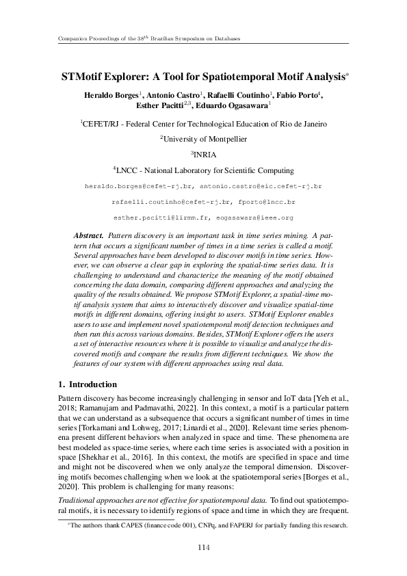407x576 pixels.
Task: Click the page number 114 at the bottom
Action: (203, 547)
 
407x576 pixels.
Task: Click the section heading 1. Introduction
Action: (87, 384)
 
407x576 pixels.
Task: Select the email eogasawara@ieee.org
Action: (254, 218)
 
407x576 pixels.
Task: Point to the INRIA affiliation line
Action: (204, 155)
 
